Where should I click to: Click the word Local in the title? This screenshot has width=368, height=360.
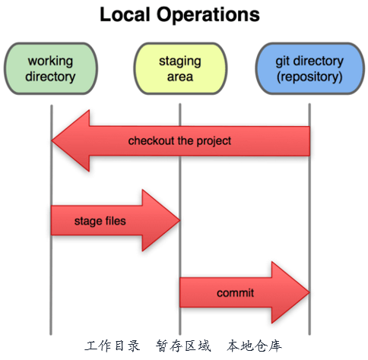(125, 15)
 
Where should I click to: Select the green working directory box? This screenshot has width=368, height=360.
(51, 68)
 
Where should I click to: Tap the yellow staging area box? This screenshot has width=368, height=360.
(180, 68)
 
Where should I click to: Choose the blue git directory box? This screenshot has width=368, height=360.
(309, 68)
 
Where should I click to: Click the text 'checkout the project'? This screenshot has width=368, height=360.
(179, 141)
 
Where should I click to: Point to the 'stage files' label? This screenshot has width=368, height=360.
(100, 222)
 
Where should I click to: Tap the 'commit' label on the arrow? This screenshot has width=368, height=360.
(236, 292)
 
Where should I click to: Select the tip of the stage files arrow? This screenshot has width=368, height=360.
(179, 221)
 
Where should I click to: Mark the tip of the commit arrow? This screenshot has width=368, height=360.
(308, 292)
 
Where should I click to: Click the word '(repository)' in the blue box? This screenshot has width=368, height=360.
(309, 77)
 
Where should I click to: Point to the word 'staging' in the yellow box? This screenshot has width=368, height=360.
(180, 61)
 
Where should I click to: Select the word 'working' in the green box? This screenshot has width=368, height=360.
(51, 61)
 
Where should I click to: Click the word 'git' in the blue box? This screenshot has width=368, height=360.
(283, 61)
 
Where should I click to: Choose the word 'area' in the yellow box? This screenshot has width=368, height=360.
(180, 77)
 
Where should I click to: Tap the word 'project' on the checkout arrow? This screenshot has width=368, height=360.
(214, 141)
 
